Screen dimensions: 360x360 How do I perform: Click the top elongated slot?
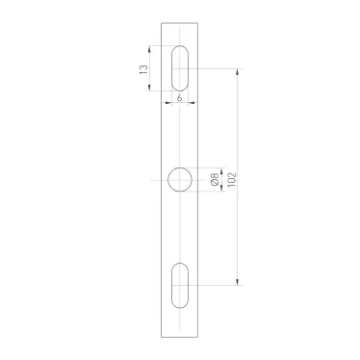[180, 68]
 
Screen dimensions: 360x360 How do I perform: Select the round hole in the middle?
[180, 178]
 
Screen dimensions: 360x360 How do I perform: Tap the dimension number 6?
[180, 99]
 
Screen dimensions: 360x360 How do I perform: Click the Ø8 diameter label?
[214, 178]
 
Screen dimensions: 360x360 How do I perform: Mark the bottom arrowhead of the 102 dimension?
[240, 282]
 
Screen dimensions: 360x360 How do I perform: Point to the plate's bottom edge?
[180, 336]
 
